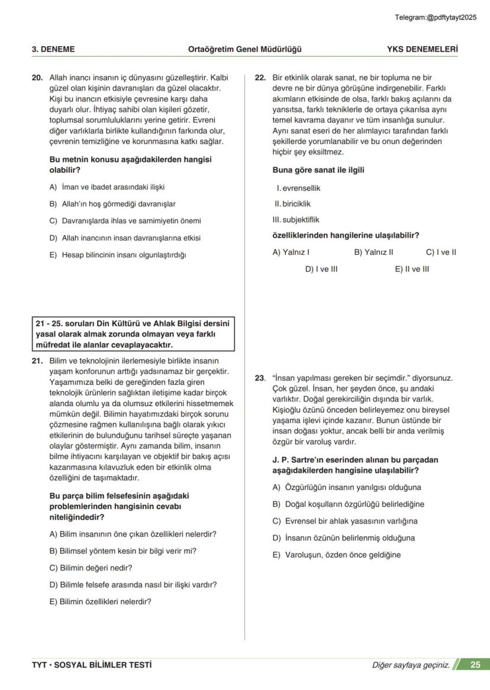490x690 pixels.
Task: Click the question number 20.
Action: pos(37,77)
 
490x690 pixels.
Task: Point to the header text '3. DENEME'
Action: pos(53,49)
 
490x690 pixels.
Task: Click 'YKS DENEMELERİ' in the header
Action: pos(422,49)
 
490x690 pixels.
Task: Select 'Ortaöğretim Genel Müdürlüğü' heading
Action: pos(244,49)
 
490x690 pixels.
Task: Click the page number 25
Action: pos(475,665)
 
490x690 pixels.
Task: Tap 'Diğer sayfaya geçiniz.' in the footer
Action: pos(411,665)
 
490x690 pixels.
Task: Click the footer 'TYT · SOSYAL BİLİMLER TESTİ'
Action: pos(92,665)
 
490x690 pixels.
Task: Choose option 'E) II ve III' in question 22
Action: pos(412,269)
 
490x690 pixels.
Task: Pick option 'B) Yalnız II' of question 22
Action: pos(373,252)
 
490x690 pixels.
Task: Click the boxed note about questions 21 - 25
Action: pos(133,334)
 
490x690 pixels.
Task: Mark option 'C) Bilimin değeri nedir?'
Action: pos(91,568)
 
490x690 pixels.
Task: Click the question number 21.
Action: pos(37,361)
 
